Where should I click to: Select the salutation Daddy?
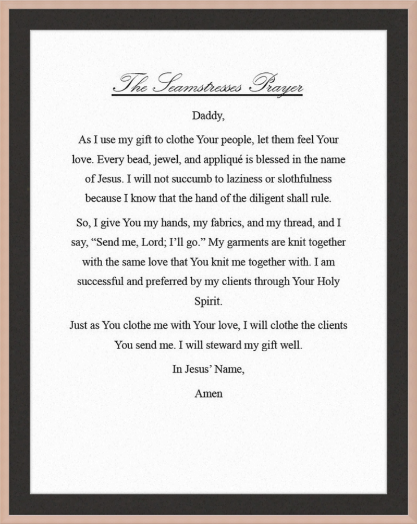[x=208, y=116]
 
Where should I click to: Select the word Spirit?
[x=208, y=301]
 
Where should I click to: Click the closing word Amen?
[x=208, y=393]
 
